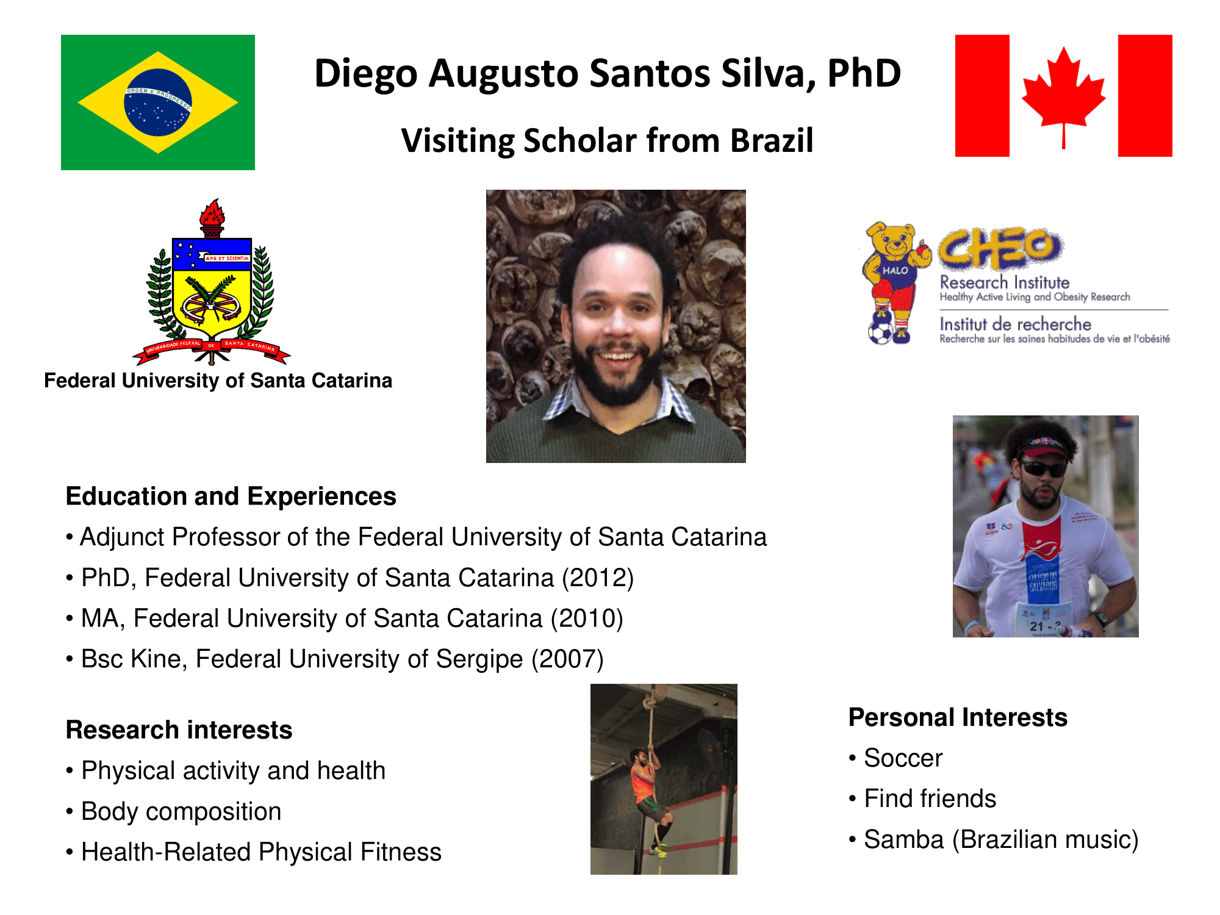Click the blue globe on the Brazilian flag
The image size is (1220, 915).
coord(158,102)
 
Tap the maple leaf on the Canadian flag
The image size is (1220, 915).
coord(1063,95)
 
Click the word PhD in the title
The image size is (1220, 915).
coord(864,74)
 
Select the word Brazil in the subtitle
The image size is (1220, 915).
coord(772,141)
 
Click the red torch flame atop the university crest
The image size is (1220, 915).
coord(212,213)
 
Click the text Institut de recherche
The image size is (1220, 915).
coord(1015,324)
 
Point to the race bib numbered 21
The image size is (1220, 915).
coord(1044,620)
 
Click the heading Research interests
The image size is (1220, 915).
coord(179,730)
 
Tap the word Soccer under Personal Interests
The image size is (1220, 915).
coord(903,758)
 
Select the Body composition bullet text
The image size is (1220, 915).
coord(181,812)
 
